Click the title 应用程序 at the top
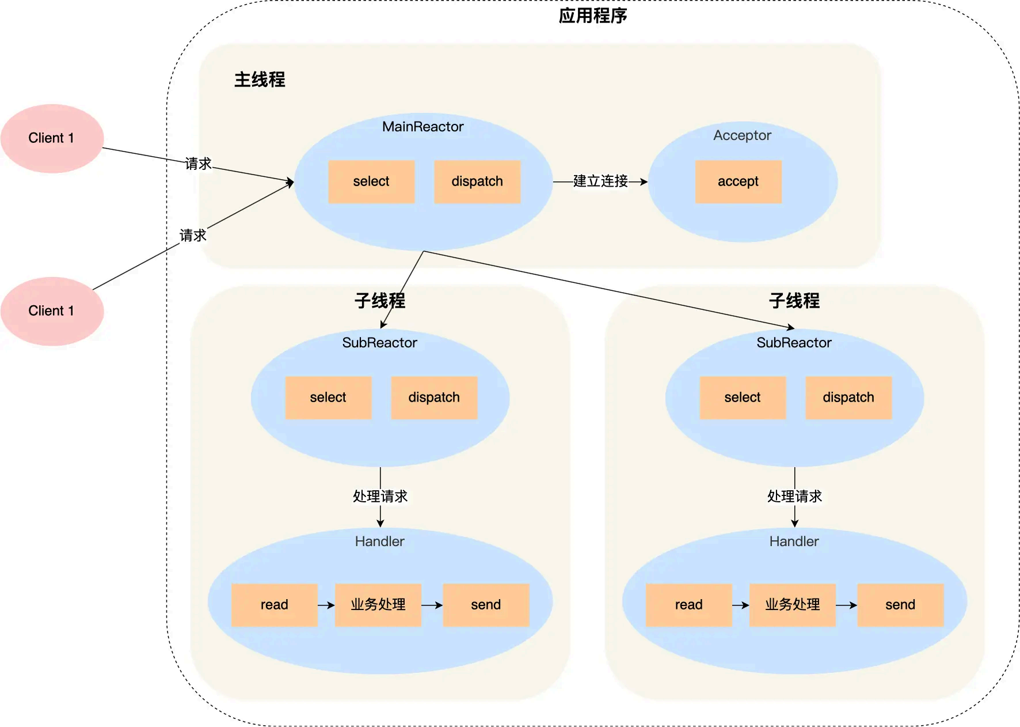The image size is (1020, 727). click(592, 16)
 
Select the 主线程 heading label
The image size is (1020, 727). click(260, 79)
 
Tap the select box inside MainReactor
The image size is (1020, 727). click(371, 181)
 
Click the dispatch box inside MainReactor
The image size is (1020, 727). click(477, 181)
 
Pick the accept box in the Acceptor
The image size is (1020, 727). click(738, 181)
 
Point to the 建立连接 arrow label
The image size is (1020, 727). click(600, 181)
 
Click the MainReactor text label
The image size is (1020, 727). click(423, 127)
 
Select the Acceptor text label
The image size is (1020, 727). click(742, 135)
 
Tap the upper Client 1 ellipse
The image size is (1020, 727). click(52, 138)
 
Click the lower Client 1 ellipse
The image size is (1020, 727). click(52, 311)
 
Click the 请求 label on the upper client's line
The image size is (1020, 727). click(199, 164)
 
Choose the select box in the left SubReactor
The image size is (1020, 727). click(328, 397)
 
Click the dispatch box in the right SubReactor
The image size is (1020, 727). click(848, 397)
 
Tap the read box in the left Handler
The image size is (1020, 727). click(274, 605)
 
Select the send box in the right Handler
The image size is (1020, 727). click(900, 605)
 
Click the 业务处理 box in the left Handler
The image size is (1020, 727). click(378, 605)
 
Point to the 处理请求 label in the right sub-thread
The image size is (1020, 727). click(794, 497)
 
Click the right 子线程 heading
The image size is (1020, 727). click(794, 301)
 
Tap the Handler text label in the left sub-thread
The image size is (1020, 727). click(379, 542)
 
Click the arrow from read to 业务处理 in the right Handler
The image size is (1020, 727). click(740, 605)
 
